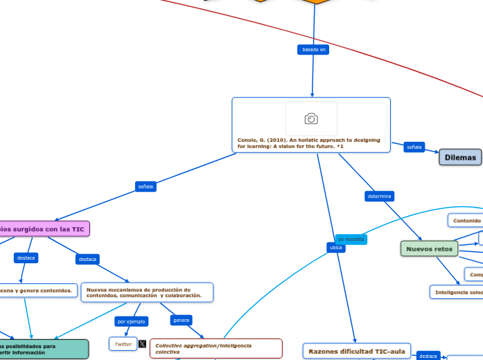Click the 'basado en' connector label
point(314,50)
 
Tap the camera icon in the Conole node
point(311,119)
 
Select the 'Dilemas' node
point(460,157)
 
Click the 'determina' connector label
point(379,197)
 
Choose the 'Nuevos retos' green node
point(429,249)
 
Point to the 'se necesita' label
point(351,239)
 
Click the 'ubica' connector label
point(335,247)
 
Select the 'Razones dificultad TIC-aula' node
point(356,351)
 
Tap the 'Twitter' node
point(123,344)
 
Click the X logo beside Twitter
point(142,344)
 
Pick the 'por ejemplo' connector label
point(131,321)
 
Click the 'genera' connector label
point(181,321)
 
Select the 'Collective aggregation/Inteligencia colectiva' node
point(216,348)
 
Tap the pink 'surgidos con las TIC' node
point(44,228)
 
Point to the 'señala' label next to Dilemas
point(414,147)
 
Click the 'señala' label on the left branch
point(146,186)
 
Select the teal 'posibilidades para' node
point(44,349)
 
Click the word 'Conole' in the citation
point(249,140)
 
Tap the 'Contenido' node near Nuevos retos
point(466,220)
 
